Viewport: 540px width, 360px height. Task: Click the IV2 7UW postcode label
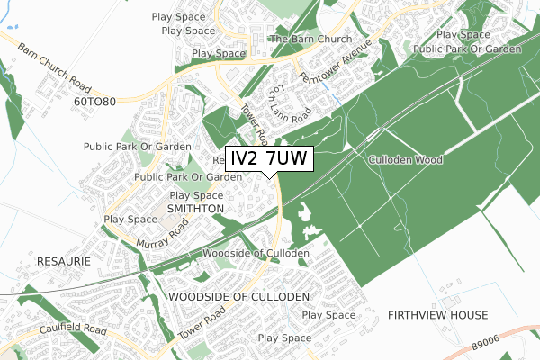[x=269, y=159]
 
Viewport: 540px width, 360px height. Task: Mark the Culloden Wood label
[x=405, y=159]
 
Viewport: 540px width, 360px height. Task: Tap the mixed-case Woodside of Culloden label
[x=256, y=253]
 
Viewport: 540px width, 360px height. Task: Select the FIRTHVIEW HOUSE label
[x=437, y=315]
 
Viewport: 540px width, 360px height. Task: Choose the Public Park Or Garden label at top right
[x=468, y=49]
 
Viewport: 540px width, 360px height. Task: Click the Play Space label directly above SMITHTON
[x=196, y=195]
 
